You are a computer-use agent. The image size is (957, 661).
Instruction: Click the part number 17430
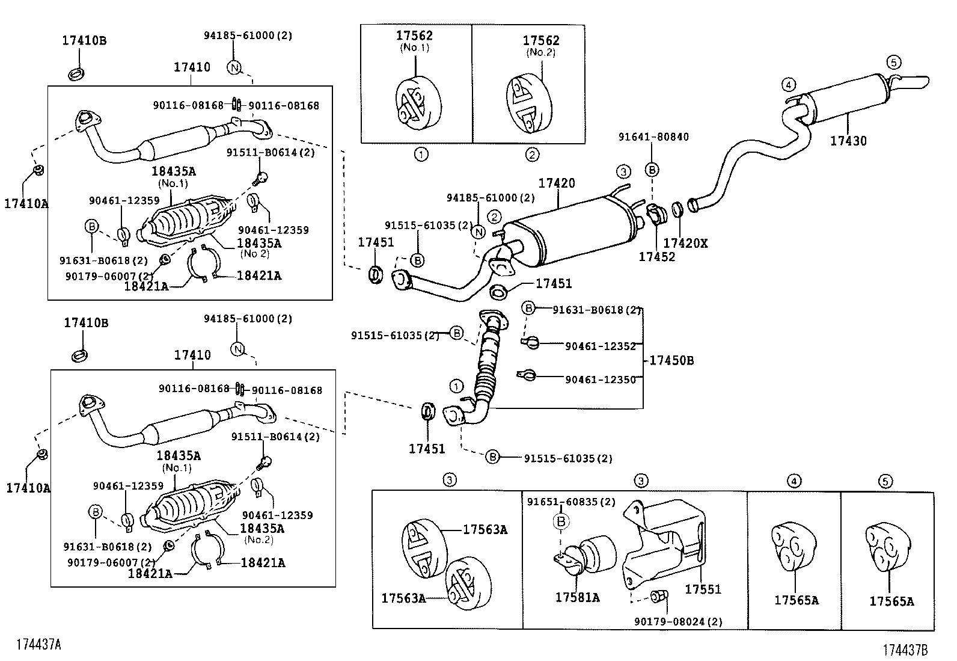[x=848, y=141]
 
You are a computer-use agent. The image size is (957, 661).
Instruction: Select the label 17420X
[x=685, y=243]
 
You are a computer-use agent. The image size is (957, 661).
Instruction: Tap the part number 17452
[x=656, y=257]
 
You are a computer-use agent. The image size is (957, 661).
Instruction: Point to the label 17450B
[x=672, y=360]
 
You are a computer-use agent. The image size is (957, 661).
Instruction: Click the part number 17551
[x=703, y=589]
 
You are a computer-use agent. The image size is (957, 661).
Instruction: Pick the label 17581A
[x=576, y=597]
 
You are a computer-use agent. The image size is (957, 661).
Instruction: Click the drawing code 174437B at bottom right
[x=905, y=650]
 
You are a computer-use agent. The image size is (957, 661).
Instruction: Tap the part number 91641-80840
[x=653, y=137]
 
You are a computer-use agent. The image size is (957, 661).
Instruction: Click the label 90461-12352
[x=600, y=346]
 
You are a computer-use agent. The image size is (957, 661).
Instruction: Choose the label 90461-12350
[x=600, y=380]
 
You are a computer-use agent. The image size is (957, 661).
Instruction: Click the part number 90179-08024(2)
[x=678, y=622]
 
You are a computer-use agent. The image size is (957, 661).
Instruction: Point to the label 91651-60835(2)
[x=571, y=502]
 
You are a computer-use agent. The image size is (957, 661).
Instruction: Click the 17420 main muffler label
[x=557, y=183]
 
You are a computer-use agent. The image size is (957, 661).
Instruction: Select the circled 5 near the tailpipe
[x=893, y=62]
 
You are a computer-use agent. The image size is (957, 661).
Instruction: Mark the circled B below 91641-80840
[x=652, y=171]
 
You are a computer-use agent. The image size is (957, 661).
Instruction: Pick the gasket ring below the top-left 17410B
[x=76, y=75]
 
